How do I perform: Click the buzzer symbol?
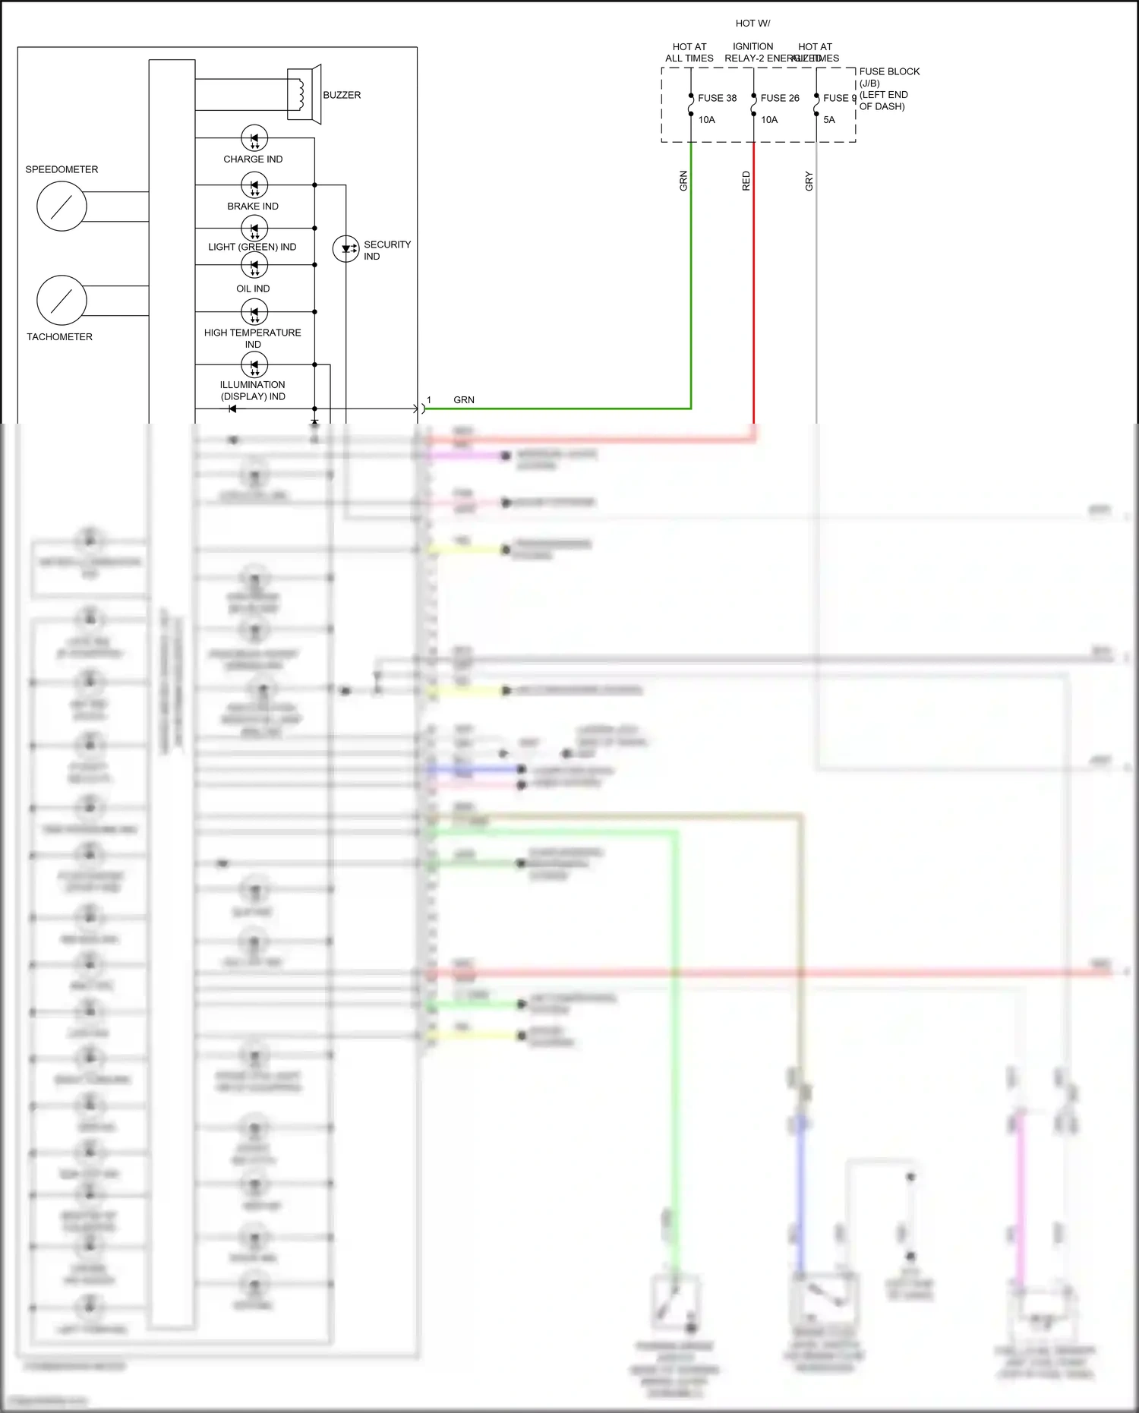304,94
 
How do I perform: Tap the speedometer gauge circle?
62,207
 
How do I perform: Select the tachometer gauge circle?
62,301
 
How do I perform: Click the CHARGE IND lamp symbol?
254,138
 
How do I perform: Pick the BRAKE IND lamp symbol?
254,185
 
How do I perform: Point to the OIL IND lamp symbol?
254,266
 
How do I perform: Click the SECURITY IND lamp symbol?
346,248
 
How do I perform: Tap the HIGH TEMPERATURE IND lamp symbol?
254,312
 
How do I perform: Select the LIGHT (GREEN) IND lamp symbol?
254,228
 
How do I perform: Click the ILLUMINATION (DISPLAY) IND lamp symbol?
254,365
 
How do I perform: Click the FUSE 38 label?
717,98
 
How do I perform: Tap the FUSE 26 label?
780,98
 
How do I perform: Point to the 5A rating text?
829,120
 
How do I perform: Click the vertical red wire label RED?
746,181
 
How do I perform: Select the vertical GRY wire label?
809,181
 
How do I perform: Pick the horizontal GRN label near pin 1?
464,400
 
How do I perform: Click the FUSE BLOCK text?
889,71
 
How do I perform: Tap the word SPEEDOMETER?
62,169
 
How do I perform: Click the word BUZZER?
342,95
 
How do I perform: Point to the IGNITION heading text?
752,46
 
